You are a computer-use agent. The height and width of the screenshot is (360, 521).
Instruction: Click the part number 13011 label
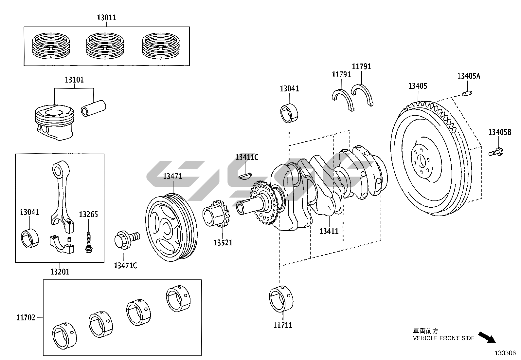[x=106, y=17]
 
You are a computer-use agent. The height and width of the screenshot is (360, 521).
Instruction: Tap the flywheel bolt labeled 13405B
[x=496, y=152]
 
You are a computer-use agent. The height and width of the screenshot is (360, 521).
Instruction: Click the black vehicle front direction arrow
[x=487, y=337]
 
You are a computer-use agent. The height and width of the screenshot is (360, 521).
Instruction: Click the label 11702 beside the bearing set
[x=26, y=317]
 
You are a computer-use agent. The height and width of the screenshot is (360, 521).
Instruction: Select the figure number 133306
[x=505, y=353]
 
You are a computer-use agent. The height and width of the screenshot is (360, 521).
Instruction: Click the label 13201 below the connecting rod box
[x=60, y=272]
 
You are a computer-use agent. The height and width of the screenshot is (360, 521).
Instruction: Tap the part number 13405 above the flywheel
[x=418, y=86]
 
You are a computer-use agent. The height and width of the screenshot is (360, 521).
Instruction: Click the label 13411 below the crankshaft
[x=329, y=231]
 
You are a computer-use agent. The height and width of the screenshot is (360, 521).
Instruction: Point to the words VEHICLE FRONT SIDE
[x=443, y=338]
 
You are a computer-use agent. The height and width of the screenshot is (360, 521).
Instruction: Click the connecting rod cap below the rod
[x=62, y=244]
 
